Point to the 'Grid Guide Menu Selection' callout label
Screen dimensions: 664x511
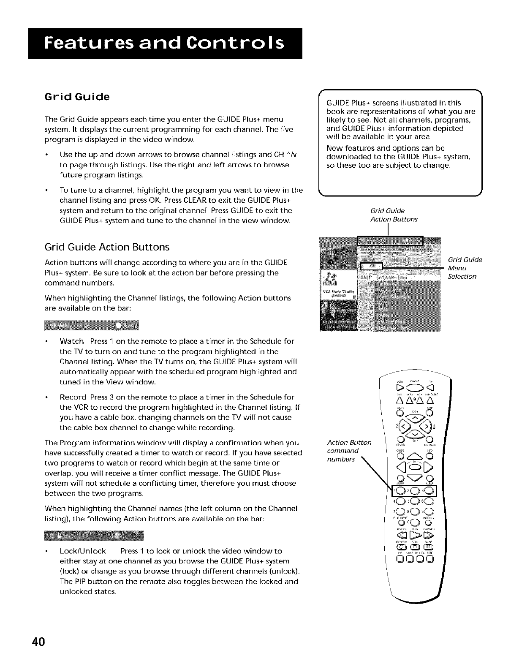tap(465, 268)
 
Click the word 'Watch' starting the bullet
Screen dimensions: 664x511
tap(72, 341)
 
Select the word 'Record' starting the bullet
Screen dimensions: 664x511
tap(73, 397)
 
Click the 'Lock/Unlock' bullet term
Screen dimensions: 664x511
tap(83, 551)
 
